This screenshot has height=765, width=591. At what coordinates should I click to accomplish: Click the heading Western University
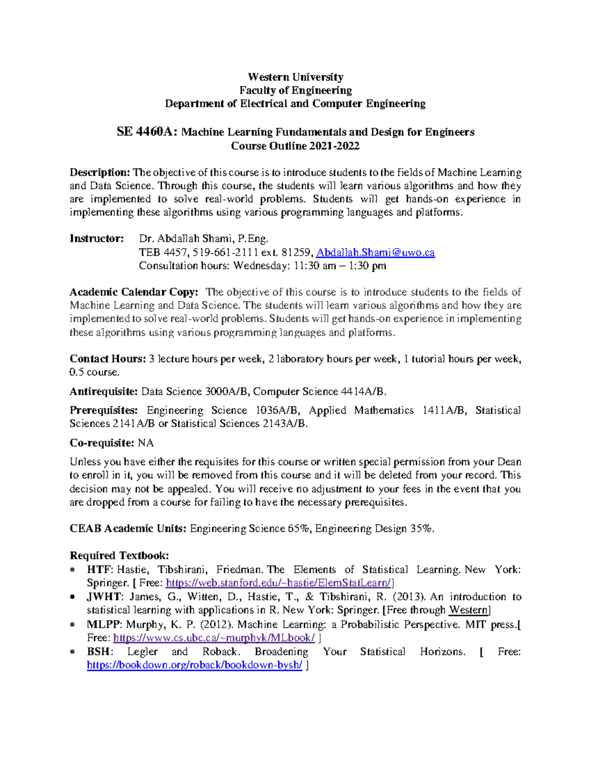pos(295,77)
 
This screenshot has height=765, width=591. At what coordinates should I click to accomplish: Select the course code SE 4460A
pos(147,132)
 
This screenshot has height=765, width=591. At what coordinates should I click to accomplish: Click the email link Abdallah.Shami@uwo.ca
pos(375,253)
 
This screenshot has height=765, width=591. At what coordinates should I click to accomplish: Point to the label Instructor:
pos(97,239)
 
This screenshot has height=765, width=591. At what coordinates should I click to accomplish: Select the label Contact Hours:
pos(108,359)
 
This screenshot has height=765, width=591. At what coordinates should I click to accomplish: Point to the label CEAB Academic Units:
pos(128,529)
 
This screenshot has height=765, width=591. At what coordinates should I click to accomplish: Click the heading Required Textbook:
pos(119,556)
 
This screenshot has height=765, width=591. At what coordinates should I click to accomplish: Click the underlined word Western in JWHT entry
pos(468,610)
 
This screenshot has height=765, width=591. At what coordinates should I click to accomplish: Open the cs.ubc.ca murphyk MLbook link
pos(214,638)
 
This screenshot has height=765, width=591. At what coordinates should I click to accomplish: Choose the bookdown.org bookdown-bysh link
pos(195,665)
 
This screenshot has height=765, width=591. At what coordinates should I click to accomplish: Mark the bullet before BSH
pos(73,652)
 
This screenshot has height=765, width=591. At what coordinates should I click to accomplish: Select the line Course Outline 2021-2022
pos(295,146)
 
